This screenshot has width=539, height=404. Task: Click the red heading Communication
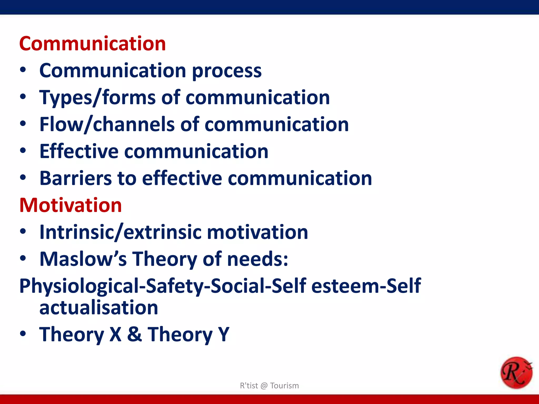click(x=92, y=44)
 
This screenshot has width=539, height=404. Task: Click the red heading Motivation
click(x=71, y=205)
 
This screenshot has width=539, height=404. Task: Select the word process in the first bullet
click(x=227, y=71)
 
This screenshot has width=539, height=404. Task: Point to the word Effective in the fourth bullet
click(x=79, y=151)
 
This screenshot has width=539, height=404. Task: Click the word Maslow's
click(x=83, y=259)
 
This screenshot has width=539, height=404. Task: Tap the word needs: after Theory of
click(x=258, y=259)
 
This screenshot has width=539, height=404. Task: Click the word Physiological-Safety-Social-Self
click(x=163, y=286)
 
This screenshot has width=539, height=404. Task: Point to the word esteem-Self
click(x=366, y=286)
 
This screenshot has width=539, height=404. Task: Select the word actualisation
click(x=99, y=308)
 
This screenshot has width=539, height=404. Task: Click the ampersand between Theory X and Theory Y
click(x=134, y=334)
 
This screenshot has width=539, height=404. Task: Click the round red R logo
click(x=516, y=372)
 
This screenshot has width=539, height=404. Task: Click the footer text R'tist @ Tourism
click(x=269, y=386)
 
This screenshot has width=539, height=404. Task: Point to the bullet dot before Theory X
click(x=23, y=334)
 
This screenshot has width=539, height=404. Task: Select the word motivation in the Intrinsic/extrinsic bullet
click(x=257, y=233)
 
